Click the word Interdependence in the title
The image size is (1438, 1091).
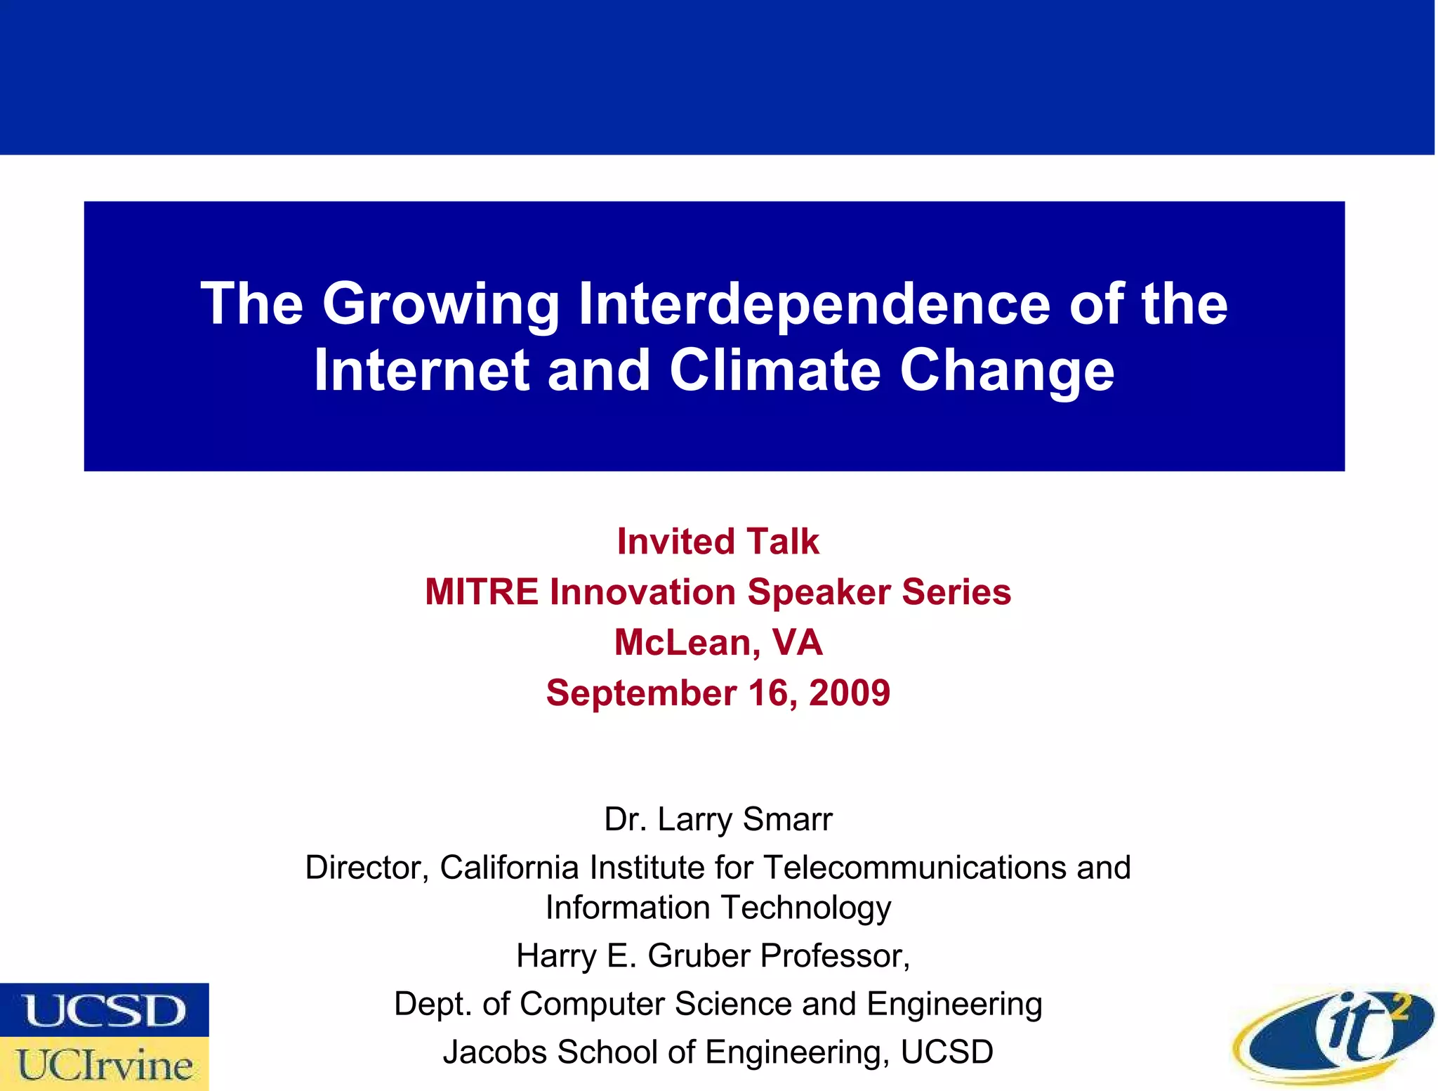click(x=814, y=303)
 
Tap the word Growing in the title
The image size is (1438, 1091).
click(x=441, y=305)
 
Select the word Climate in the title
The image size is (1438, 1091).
click(x=774, y=370)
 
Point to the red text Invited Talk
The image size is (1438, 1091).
click(x=718, y=542)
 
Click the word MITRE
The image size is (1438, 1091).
click(x=482, y=592)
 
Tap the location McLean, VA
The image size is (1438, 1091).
click(x=718, y=642)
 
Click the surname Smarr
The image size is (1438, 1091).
click(x=787, y=819)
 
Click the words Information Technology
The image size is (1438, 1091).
click(x=718, y=908)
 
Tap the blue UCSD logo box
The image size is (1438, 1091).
click(x=104, y=1010)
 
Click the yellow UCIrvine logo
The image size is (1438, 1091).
click(x=104, y=1064)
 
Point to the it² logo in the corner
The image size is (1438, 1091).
click(x=1333, y=1036)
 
